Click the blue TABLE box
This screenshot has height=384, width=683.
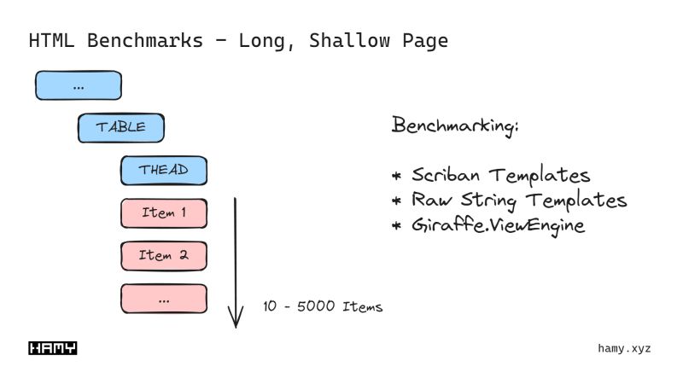[x=120, y=128]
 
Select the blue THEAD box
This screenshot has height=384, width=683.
[x=163, y=170]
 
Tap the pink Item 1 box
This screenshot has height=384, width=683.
[x=163, y=212]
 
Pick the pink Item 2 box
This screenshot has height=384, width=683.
[x=163, y=255]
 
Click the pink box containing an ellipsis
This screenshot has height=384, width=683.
[x=163, y=298]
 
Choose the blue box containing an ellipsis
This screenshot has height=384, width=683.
[x=78, y=85]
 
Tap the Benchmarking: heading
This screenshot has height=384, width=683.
[x=455, y=126]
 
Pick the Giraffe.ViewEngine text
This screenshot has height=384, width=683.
[x=499, y=225]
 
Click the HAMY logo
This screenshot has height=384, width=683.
[x=53, y=348]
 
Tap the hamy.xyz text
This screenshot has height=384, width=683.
[x=624, y=348]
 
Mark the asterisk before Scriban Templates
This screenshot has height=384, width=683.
[x=397, y=177]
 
